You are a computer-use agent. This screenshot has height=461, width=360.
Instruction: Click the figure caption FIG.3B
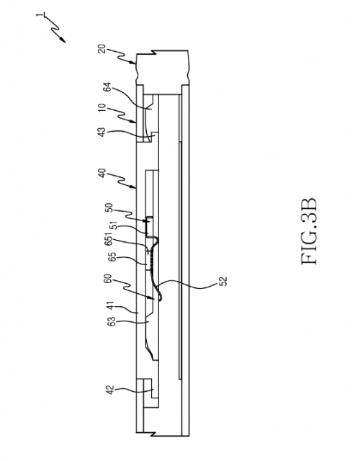point(310,231)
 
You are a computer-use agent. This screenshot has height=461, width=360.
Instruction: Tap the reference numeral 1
point(39,14)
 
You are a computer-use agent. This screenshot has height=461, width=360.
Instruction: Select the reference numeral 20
point(102,49)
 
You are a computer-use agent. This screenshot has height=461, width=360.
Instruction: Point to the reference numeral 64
point(109,87)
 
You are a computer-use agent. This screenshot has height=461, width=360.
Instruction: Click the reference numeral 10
point(102,107)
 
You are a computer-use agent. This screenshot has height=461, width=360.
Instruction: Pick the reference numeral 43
point(102,132)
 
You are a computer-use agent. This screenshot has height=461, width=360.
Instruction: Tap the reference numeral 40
point(102,173)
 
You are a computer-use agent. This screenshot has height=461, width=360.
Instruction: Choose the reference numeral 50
point(109,208)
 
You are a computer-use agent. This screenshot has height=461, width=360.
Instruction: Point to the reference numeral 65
point(112,257)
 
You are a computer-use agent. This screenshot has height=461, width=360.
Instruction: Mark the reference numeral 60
point(108,279)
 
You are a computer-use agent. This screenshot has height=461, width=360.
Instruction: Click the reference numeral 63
point(112,322)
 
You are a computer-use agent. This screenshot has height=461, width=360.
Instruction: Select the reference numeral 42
point(110,390)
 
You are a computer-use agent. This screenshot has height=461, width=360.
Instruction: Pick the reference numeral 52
point(223,281)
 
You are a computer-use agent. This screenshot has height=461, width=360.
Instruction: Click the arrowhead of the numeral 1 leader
point(63,40)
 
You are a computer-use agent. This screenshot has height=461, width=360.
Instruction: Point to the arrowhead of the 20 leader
point(133,63)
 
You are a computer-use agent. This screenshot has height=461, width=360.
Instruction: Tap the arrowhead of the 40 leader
point(134,187)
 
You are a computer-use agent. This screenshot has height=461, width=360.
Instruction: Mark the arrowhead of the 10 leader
point(134,121)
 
